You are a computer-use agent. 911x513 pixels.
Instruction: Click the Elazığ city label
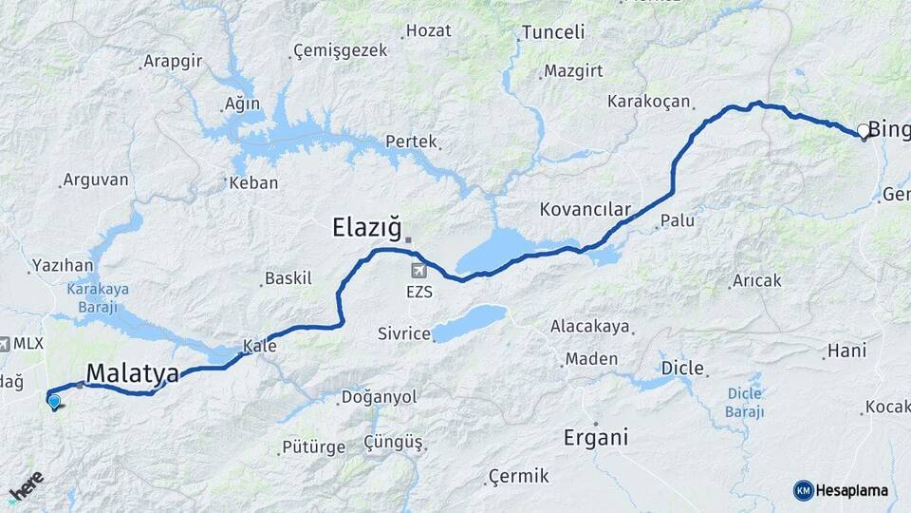click(x=365, y=227)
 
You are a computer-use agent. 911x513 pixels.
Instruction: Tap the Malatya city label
click(x=132, y=374)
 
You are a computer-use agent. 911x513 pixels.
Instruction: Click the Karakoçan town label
click(x=649, y=100)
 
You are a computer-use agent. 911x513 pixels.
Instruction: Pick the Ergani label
click(x=596, y=438)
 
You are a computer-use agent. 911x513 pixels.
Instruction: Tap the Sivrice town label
click(x=404, y=333)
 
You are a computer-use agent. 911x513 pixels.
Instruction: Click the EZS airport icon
click(x=418, y=272)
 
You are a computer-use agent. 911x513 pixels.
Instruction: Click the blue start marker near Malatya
click(x=54, y=402)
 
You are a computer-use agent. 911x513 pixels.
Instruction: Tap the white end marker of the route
click(x=864, y=130)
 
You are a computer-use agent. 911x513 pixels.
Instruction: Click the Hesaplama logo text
click(x=851, y=490)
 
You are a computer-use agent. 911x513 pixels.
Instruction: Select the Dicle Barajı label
click(x=745, y=401)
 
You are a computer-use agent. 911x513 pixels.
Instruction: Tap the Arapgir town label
click(x=172, y=62)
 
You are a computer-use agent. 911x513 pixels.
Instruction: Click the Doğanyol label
click(x=378, y=396)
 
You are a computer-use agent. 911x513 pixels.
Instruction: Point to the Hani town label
click(x=846, y=351)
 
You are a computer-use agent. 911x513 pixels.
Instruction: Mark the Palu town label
click(x=678, y=220)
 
